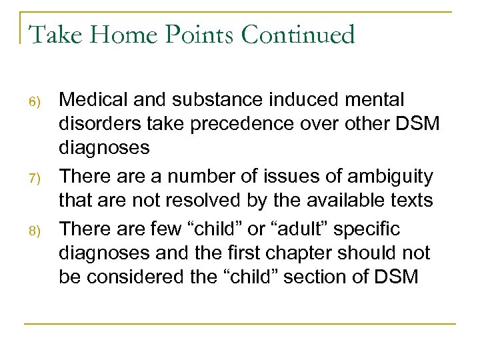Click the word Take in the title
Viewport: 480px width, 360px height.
pos(51,35)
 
